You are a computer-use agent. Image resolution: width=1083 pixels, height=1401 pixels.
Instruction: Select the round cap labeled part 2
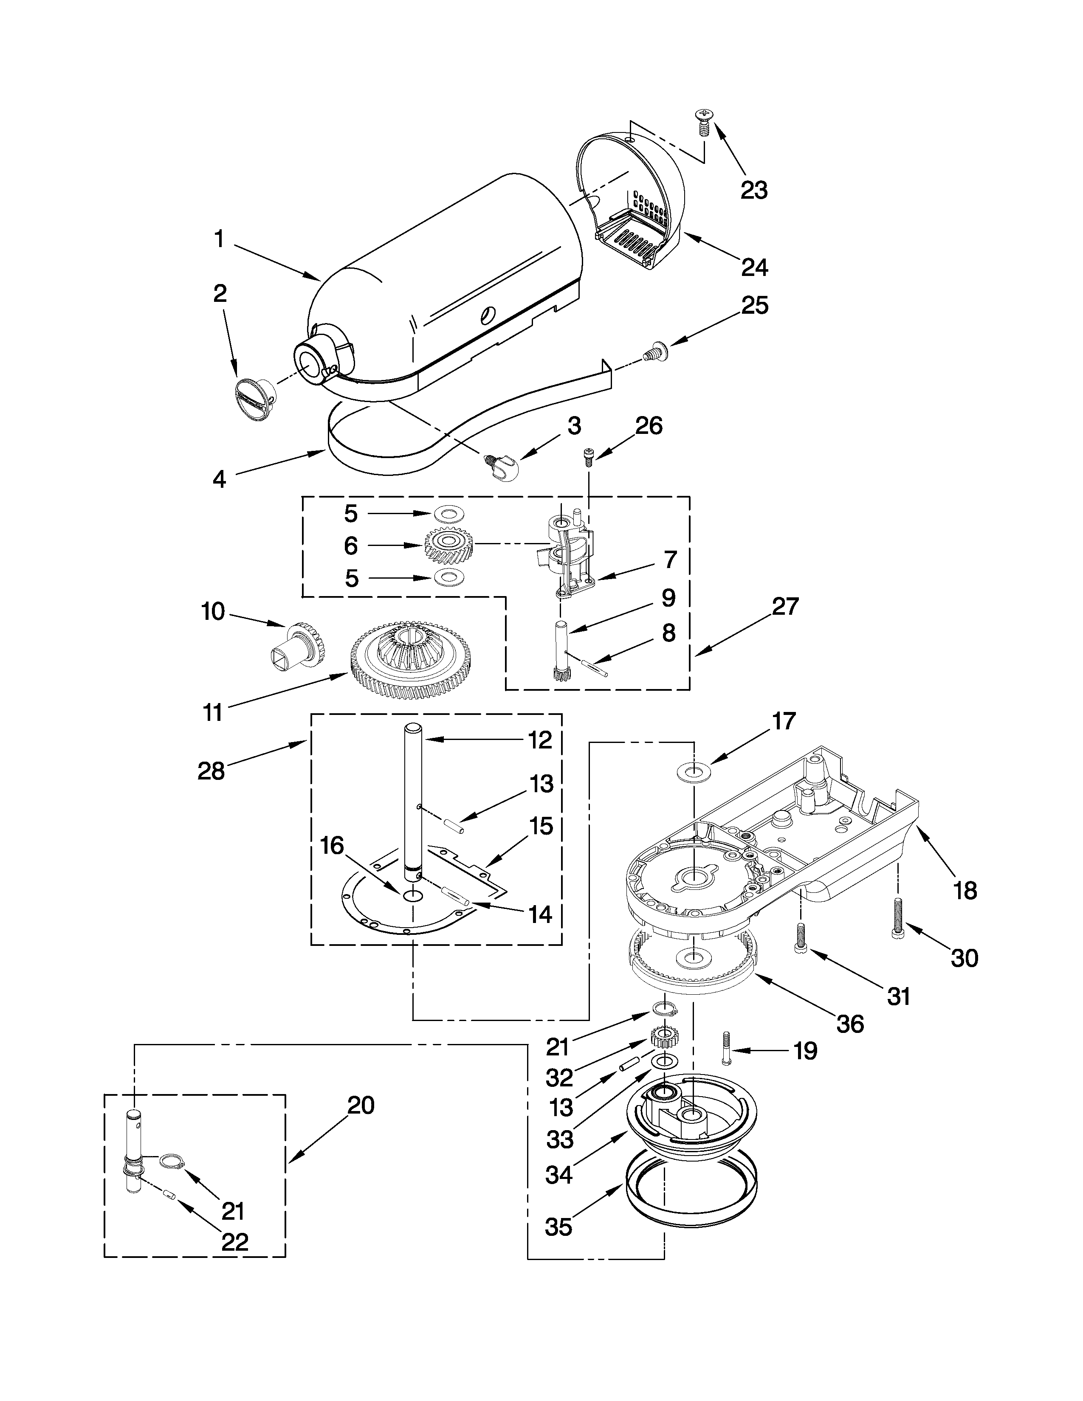252,399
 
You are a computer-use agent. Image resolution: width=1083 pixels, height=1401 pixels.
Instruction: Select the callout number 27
785,606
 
